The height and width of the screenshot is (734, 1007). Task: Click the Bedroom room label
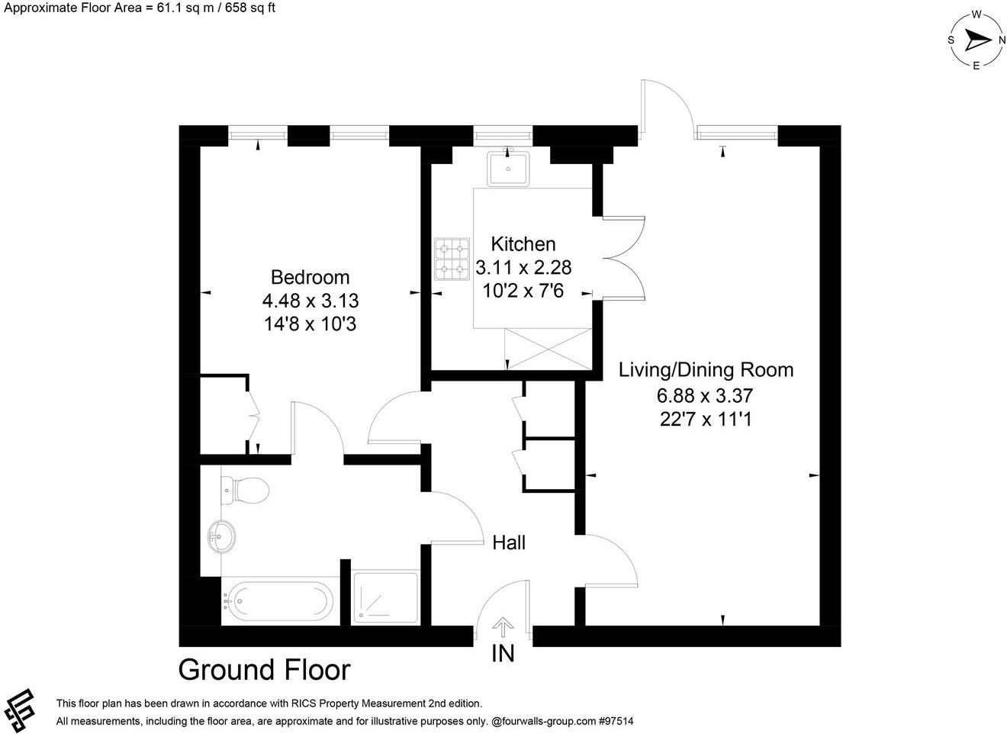click(310, 277)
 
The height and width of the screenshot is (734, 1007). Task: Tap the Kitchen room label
click(523, 244)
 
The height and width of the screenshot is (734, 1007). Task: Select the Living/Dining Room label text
click(706, 370)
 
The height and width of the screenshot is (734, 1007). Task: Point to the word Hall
click(509, 543)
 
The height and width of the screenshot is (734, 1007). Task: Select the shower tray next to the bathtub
click(385, 597)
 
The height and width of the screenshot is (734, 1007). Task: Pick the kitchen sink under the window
click(508, 167)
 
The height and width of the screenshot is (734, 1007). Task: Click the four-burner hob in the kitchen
click(452, 259)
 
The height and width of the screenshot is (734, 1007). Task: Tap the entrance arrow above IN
click(502, 627)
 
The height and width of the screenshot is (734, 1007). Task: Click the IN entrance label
click(503, 654)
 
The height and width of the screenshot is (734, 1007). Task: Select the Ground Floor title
click(264, 670)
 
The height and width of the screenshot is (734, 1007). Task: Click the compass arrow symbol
click(976, 39)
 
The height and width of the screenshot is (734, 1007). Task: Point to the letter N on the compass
click(1002, 40)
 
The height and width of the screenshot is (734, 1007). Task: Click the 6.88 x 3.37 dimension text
click(705, 395)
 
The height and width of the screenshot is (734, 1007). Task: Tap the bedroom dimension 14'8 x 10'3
click(310, 324)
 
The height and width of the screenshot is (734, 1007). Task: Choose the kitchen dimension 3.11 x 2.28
click(523, 268)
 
